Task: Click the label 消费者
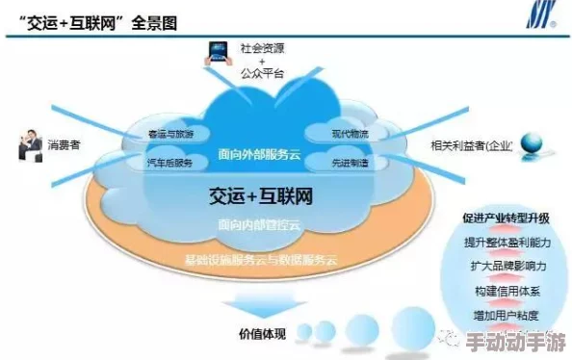click(x=64, y=145)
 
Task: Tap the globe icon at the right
click(x=532, y=144)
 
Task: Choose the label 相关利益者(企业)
click(x=472, y=145)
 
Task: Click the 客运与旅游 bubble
click(x=170, y=133)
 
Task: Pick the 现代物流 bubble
click(x=349, y=132)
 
